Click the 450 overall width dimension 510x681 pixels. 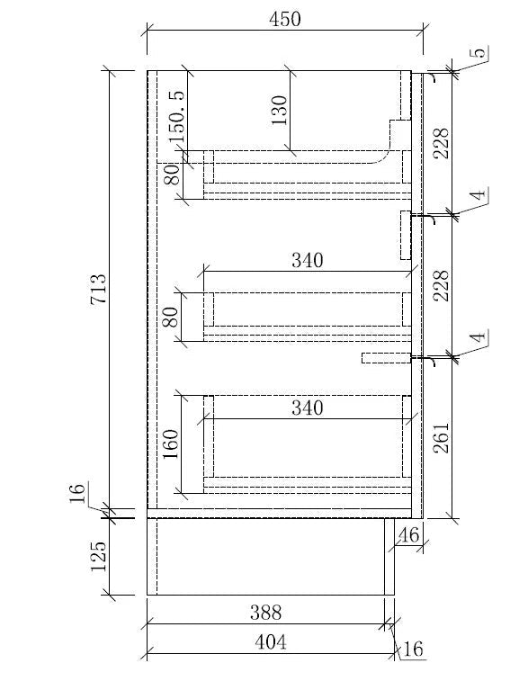[284, 19]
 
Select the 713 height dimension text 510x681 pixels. [99, 289]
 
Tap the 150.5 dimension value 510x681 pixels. [177, 116]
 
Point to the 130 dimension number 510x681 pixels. [280, 111]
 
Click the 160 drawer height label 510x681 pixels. [171, 444]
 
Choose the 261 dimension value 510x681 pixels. [441, 437]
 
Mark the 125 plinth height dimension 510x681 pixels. [98, 556]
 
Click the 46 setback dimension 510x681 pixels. [408, 535]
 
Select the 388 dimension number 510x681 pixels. [266, 613]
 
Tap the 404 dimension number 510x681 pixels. [270, 642]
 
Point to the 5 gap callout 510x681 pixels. [479, 52]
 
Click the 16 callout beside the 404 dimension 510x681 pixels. [413, 649]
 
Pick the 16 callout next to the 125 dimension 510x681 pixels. [76, 493]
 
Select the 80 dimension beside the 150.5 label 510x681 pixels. [173, 175]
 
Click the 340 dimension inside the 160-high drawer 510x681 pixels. [307, 408]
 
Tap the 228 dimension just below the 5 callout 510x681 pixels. [441, 143]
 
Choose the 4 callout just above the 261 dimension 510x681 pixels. [479, 337]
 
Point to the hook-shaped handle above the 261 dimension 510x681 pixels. [432, 362]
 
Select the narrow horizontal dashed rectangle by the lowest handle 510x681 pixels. [386, 358]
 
